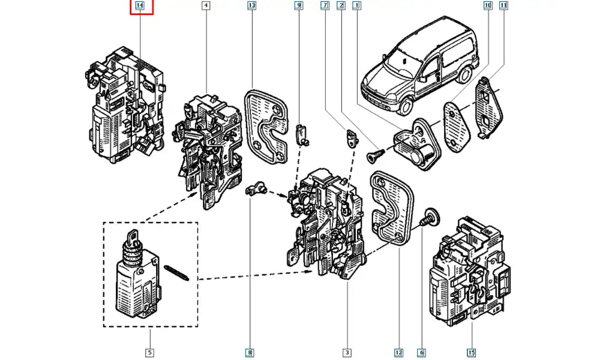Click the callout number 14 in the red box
pyautogui.click(x=140, y=7)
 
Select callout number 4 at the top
pyautogui.click(x=206, y=7)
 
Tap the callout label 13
pyautogui.click(x=251, y=7)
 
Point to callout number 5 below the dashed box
pyautogui.click(x=149, y=352)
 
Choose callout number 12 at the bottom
pyautogui.click(x=398, y=352)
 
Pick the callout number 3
pyautogui.click(x=347, y=352)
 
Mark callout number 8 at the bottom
pyautogui.click(x=249, y=352)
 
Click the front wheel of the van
pyautogui.click(x=404, y=106)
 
